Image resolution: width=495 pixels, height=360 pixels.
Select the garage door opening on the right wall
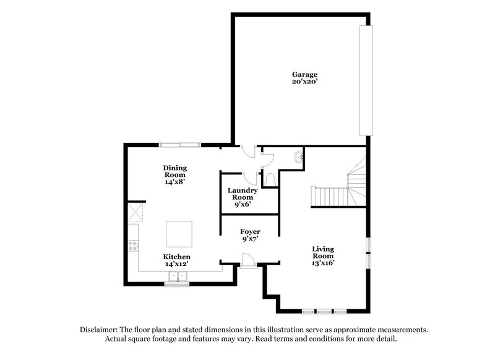tap(367, 80)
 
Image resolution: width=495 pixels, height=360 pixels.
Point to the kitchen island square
tap(179, 234)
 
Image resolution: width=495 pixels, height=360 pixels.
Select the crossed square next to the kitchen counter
tap(134, 214)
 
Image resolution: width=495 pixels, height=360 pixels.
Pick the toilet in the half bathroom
tap(270, 179)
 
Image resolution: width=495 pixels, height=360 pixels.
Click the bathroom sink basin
tap(299, 157)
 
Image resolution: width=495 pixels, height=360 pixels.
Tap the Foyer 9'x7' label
tap(250, 234)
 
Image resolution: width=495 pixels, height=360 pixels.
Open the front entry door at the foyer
tap(247, 262)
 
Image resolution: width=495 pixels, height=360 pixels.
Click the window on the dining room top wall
tap(180, 145)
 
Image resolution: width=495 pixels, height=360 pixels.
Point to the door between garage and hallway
tap(247, 152)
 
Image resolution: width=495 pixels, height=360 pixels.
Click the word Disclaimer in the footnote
tap(99, 330)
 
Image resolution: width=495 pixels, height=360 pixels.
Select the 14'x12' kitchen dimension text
tap(176, 264)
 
